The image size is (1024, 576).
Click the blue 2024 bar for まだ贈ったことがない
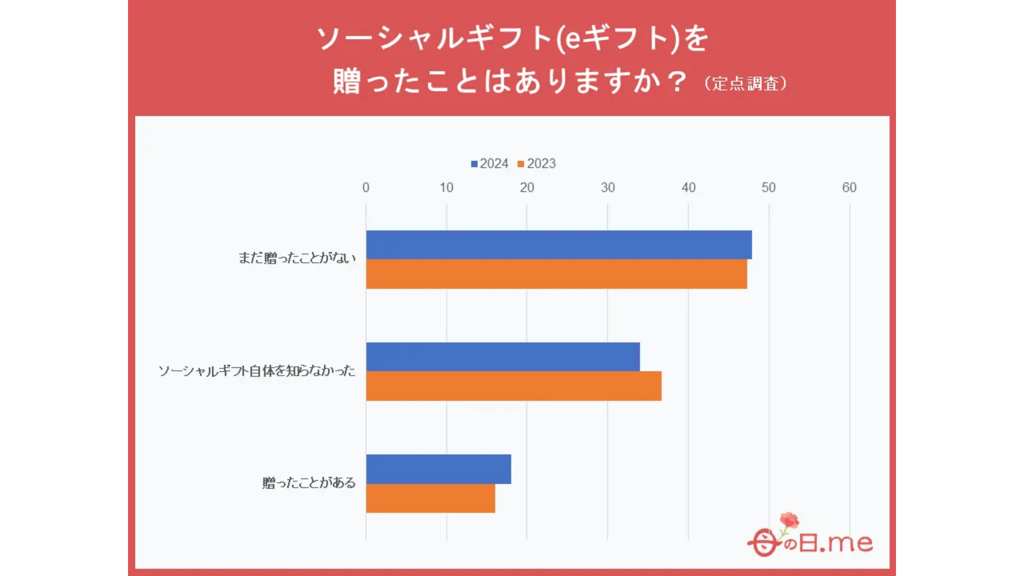click(558, 245)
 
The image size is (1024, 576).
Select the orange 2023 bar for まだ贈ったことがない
click(556, 274)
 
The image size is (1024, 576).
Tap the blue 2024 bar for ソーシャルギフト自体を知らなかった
click(502, 357)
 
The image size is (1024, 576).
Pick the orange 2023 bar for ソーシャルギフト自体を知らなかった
click(514, 386)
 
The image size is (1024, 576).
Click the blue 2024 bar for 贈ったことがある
click(438, 469)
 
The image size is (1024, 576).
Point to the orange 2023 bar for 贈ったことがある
click(430, 498)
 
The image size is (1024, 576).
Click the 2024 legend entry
click(490, 164)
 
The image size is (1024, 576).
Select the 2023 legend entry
click(537, 164)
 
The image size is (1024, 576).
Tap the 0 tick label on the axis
click(366, 188)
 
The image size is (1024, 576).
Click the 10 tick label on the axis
click(446, 188)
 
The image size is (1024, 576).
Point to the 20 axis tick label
click(527, 188)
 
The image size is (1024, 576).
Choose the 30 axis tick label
click(607, 188)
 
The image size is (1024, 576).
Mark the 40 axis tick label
click(689, 188)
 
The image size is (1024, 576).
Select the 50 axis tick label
click(769, 188)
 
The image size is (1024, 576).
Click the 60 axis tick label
click(849, 188)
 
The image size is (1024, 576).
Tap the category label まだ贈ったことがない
click(297, 258)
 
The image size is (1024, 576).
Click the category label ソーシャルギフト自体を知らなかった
click(257, 371)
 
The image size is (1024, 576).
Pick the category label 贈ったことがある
click(309, 483)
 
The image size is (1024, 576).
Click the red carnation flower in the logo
click(789, 520)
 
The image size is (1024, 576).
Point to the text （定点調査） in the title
click(746, 84)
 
